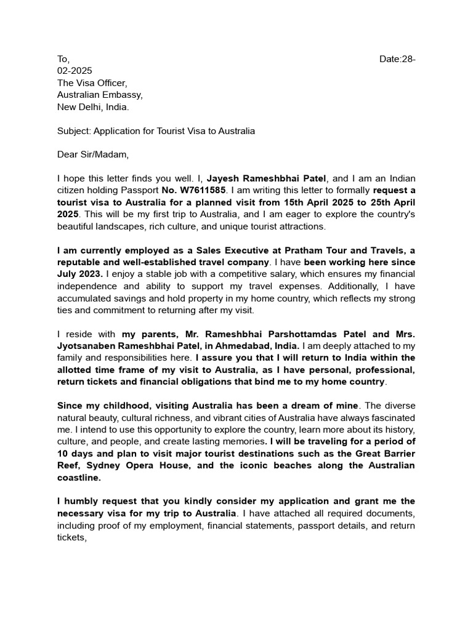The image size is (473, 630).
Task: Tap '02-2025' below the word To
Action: (75, 71)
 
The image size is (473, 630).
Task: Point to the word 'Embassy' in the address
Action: (124, 95)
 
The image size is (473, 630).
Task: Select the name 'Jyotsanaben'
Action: (86, 346)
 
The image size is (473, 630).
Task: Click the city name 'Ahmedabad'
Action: (225, 346)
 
